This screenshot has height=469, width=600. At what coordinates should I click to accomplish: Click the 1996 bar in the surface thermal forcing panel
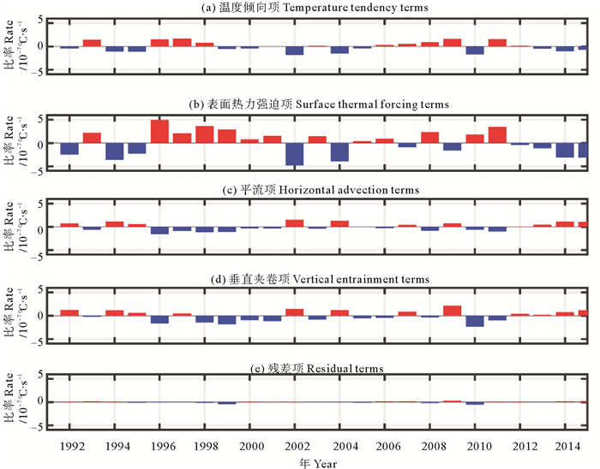click(x=159, y=131)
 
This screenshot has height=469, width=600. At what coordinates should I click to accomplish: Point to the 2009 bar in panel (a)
click(x=453, y=42)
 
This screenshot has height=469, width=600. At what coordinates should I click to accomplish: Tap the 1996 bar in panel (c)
click(x=159, y=230)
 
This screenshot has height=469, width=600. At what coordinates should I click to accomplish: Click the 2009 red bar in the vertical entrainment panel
click(x=453, y=311)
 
